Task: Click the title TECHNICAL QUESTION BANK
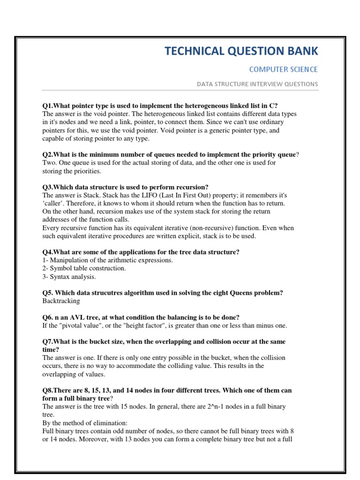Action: tap(241, 51)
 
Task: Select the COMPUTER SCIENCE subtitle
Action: tap(283, 69)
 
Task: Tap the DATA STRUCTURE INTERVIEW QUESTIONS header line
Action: tap(257, 84)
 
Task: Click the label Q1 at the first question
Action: tap(47, 105)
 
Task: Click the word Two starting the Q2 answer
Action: tap(49, 163)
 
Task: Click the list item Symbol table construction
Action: tap(84, 268)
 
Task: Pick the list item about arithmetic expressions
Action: tap(108, 260)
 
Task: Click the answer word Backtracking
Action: tap(61, 301)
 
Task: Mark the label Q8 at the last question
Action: tap(47, 390)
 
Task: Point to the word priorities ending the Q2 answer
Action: tap(80, 171)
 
